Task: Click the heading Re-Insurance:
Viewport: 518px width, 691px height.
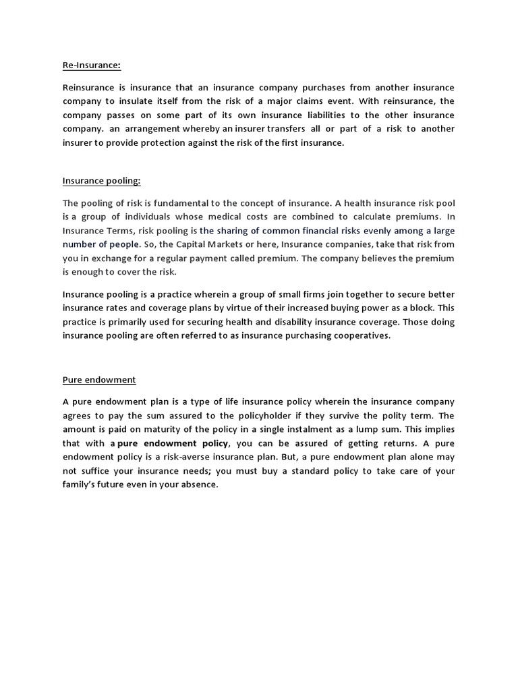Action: tap(91, 65)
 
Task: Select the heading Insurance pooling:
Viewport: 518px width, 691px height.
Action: tap(101, 180)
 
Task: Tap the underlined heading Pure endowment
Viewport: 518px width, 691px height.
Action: tap(99, 380)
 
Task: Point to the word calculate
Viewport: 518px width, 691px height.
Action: tap(365, 217)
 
